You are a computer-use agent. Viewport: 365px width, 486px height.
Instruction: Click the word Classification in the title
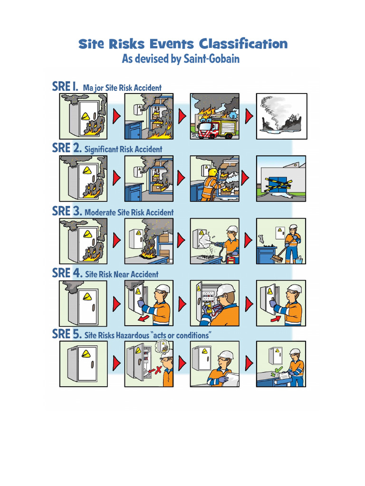click(x=243, y=44)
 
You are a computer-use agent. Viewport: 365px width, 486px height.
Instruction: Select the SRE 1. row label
click(x=65, y=86)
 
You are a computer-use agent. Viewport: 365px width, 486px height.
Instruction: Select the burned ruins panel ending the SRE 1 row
click(x=281, y=116)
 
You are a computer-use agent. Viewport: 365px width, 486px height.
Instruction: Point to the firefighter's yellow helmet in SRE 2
click(x=213, y=172)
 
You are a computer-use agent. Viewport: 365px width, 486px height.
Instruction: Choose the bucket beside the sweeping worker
click(x=298, y=260)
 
